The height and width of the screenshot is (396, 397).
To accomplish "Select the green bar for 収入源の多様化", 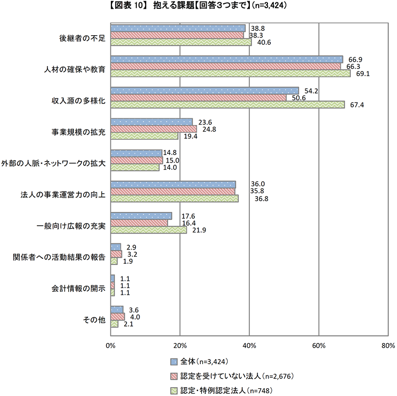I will pyautogui.click(x=227, y=105).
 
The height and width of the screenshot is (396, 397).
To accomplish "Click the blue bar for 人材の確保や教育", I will pyautogui.click(x=226, y=59).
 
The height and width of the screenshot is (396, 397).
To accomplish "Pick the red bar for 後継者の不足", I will pyautogui.click(x=176, y=35).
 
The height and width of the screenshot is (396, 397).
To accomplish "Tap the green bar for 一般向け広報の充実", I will pyautogui.click(x=148, y=230).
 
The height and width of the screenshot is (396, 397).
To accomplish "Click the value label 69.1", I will pyautogui.click(x=362, y=73).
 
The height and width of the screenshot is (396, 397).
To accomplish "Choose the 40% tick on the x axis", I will pyautogui.click(x=249, y=345).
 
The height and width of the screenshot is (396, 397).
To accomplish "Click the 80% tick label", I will pyautogui.click(x=388, y=345).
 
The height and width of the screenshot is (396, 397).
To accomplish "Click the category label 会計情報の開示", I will pyautogui.click(x=78, y=289).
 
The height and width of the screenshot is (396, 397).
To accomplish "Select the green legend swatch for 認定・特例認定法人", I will pyautogui.click(x=174, y=391).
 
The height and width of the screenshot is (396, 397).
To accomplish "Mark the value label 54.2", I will pyautogui.click(x=312, y=90).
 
